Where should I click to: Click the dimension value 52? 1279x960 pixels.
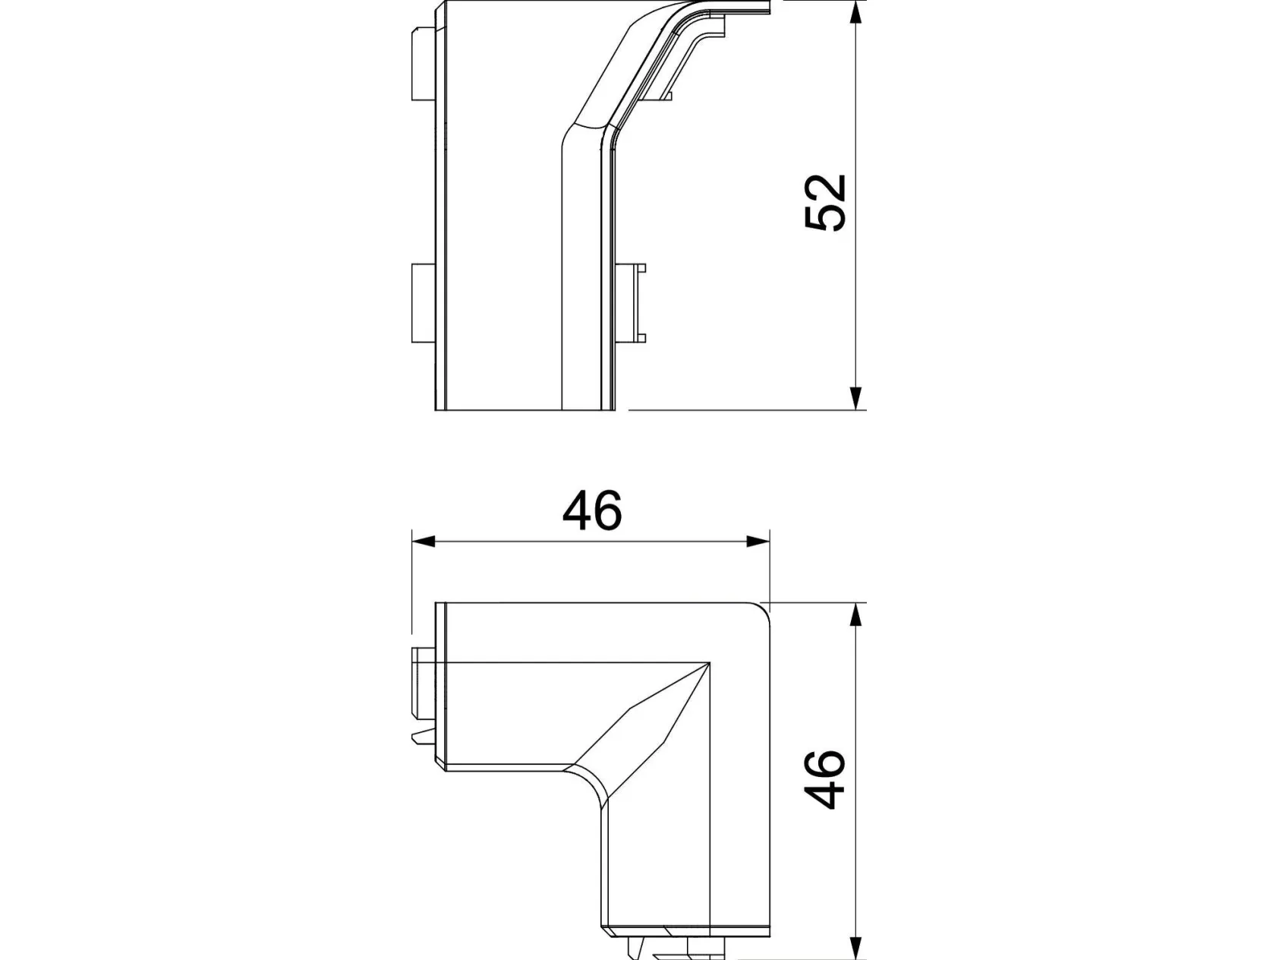click(x=825, y=203)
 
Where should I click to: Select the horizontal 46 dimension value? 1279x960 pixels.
click(x=592, y=510)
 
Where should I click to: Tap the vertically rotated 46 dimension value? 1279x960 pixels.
click(x=825, y=780)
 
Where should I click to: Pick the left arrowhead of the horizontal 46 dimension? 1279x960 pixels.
click(x=423, y=542)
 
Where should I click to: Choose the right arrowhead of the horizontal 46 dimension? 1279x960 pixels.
click(x=758, y=542)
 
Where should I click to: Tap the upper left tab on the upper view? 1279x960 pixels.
click(x=423, y=65)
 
